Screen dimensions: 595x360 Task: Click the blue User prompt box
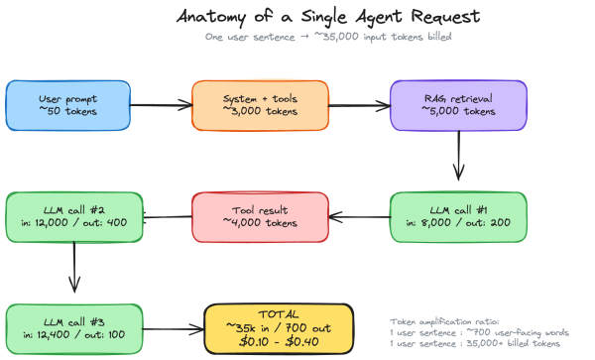[67, 105]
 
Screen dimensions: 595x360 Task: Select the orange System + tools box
[260, 105]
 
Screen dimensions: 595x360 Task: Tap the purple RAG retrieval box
[458, 105]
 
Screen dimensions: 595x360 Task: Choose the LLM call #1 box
[458, 217]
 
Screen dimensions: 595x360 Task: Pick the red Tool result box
[260, 217]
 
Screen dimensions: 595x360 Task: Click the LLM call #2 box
[74, 217]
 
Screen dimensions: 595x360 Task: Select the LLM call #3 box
[74, 329]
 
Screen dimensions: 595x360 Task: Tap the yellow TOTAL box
[279, 329]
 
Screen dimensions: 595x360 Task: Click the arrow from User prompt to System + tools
[162, 105]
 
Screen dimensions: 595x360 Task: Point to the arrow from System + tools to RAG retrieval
[359, 105]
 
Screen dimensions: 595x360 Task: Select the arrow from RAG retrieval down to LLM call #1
[459, 156]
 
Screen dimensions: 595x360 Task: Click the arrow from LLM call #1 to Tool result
[360, 217]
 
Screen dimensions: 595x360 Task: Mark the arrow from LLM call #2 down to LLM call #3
[74, 267]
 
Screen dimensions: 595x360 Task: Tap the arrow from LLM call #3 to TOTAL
[174, 329]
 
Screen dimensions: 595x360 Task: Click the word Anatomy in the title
[211, 17]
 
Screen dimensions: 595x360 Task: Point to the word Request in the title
[445, 17]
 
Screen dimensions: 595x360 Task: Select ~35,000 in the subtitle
[336, 37]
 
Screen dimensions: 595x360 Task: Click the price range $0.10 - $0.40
[279, 341]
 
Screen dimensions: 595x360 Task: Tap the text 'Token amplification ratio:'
[444, 321]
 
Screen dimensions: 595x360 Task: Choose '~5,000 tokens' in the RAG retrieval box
[458, 111]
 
